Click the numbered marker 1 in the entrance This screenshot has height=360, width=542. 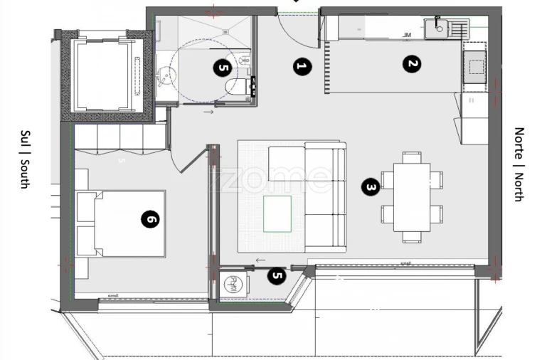pyautogui.click(x=302, y=68)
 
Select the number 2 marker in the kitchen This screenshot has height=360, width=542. pyautogui.click(x=411, y=65)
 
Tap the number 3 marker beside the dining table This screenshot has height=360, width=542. pyautogui.click(x=370, y=187)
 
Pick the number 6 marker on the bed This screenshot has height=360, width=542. pyautogui.click(x=149, y=220)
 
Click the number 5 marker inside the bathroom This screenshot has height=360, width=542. pyautogui.click(x=223, y=68)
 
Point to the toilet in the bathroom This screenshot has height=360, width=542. pyautogui.click(x=235, y=86)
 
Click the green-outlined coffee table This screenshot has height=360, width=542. pyautogui.click(x=277, y=213)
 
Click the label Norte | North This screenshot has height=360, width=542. pyautogui.click(x=519, y=164)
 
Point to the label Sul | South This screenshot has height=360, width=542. pyautogui.click(x=25, y=159)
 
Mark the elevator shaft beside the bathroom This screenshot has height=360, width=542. pyautogui.click(x=103, y=75)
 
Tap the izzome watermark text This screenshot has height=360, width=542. pyautogui.click(x=270, y=178)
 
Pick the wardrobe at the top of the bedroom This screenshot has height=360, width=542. pyautogui.click(x=119, y=137)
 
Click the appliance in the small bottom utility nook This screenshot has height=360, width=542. pyautogui.click(x=232, y=285)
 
